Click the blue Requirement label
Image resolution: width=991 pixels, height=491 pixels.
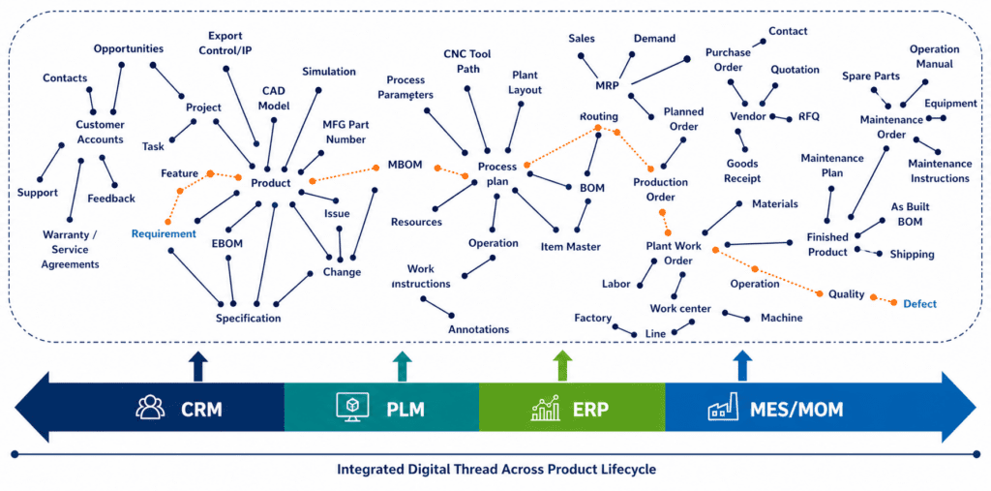164,233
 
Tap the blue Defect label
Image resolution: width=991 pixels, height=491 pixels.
919,303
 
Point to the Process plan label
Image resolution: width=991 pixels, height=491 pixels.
497,174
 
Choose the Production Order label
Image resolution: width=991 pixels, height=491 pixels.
660,190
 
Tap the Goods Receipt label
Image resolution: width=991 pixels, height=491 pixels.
742,171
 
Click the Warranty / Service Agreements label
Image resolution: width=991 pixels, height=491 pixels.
71,250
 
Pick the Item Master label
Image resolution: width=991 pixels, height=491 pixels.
570,247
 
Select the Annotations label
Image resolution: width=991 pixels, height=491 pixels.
478,329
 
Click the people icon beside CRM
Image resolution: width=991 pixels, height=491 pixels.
151,409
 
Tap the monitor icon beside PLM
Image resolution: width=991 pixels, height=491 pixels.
349,408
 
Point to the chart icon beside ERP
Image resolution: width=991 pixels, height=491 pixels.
546,409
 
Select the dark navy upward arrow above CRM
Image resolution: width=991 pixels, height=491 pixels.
197,365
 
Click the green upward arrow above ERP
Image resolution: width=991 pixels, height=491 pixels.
562,365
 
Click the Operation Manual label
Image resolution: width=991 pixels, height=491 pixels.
934,56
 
